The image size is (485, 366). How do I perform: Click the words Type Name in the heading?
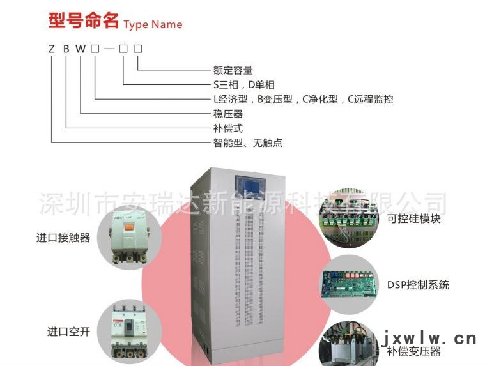coord(153,25)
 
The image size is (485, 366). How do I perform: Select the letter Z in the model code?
coord(52,49)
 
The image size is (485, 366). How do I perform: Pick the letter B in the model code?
coord(66,49)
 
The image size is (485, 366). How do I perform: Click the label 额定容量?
coord(233,70)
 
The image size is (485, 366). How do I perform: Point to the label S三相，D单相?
coord(243,85)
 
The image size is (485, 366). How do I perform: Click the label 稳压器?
coord(227,114)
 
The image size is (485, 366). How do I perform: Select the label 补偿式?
coord(227,128)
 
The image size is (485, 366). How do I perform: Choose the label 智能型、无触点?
coord(247,143)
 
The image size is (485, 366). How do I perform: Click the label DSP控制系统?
coord(418,284)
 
